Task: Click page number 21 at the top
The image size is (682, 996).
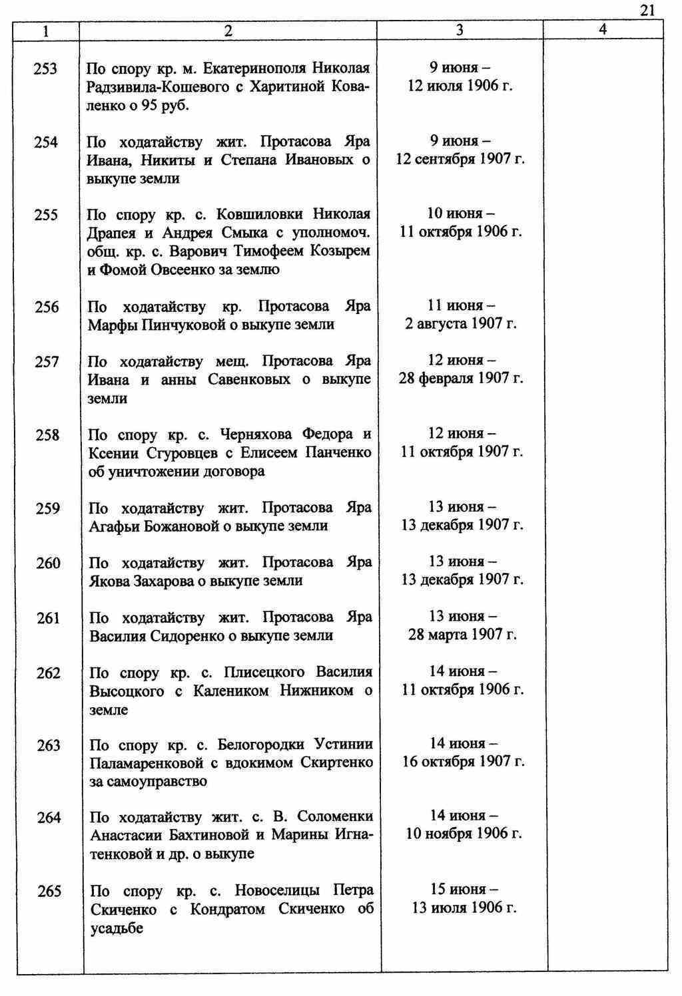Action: (648, 9)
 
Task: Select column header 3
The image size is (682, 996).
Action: (460, 31)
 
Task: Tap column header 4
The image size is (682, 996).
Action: (602, 30)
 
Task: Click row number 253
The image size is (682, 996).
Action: (45, 69)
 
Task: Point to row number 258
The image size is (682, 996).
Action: (47, 435)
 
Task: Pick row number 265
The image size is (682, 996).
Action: (49, 891)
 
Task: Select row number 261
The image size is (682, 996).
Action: (48, 618)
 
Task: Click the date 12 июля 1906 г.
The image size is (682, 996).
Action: (460, 86)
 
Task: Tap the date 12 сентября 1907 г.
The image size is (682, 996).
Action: (460, 160)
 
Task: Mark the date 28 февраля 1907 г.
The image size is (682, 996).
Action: (461, 379)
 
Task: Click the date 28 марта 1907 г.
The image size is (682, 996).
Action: (462, 635)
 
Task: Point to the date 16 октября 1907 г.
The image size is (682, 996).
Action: (463, 762)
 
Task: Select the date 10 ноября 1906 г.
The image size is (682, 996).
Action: (464, 834)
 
